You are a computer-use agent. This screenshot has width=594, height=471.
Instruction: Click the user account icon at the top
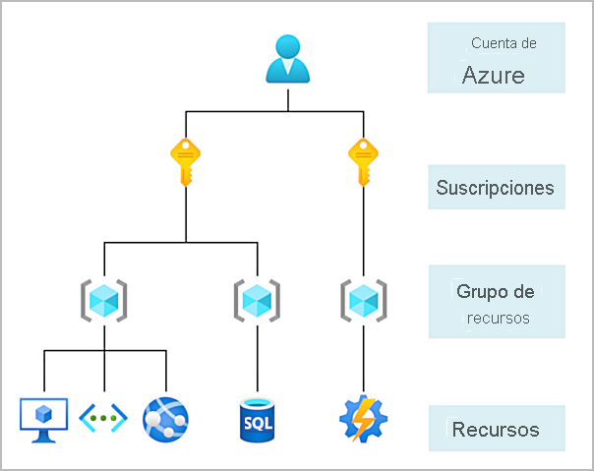pos(288,59)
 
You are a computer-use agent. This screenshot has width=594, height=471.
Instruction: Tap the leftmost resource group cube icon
pos(103,297)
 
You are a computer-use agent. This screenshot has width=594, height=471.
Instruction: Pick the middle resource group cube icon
pos(257,297)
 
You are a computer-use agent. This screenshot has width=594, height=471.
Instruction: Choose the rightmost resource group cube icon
pos(363,297)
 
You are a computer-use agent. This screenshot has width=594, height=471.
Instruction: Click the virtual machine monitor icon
pos(44,417)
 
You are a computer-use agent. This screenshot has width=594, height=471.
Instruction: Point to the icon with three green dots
pos(104,418)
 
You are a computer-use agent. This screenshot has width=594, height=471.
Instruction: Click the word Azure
pos(494,76)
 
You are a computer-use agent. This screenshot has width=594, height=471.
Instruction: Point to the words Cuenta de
pos(504,43)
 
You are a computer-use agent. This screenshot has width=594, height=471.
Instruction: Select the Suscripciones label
pos(495,188)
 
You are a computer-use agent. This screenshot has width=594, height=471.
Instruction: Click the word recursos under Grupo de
pos(498,318)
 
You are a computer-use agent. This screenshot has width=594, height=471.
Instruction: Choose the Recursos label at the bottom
pos(496,430)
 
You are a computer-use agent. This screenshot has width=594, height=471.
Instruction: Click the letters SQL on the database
pos(258,424)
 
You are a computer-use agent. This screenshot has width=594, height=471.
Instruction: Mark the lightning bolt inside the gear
pos(363,418)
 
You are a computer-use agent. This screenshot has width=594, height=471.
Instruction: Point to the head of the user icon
pos(288,46)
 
